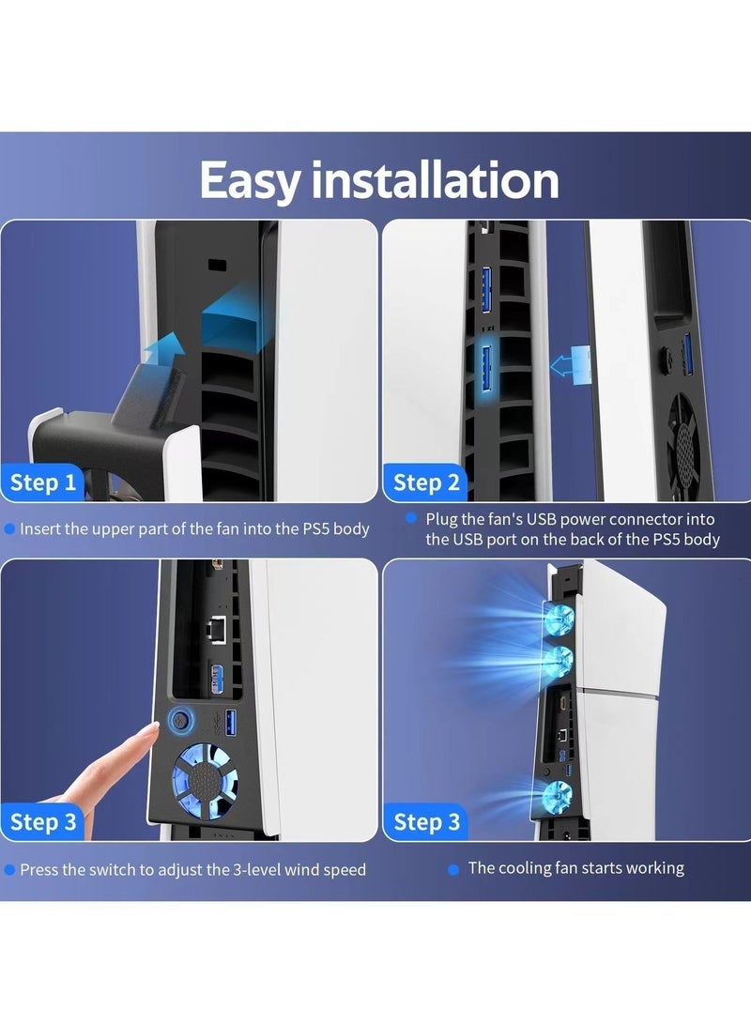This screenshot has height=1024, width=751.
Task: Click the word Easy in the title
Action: [x=250, y=182]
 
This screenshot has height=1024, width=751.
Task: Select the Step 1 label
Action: [x=43, y=482]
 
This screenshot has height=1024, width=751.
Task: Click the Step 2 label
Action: [x=426, y=483]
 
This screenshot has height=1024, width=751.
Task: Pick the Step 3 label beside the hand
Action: [x=43, y=821]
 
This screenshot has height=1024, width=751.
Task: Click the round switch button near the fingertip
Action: [x=179, y=721]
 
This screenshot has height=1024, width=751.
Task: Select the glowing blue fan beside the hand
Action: [x=204, y=778]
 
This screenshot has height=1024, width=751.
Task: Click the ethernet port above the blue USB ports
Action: [x=214, y=630]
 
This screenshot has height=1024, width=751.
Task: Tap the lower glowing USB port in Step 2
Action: [x=486, y=367]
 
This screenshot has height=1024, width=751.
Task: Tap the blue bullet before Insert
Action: [x=9, y=529]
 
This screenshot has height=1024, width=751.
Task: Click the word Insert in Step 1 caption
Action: [x=38, y=528]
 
